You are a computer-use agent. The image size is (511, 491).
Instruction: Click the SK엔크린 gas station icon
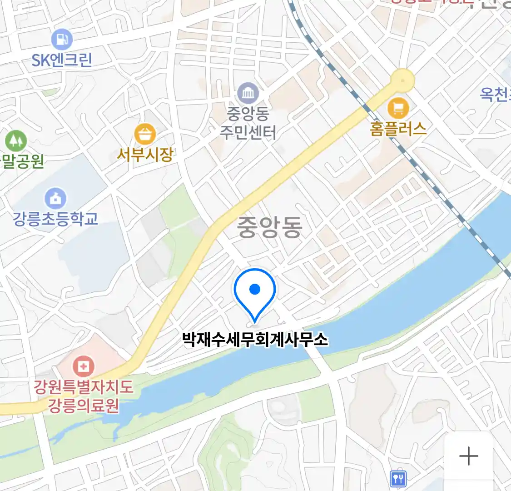(62, 40)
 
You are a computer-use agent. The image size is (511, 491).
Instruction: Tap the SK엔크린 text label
(62, 60)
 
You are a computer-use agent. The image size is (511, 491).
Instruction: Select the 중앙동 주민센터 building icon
(248, 94)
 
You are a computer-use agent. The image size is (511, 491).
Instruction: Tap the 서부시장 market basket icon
(145, 134)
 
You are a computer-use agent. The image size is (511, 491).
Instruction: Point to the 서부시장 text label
(145, 155)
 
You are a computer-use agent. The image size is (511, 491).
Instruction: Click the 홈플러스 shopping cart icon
(398, 108)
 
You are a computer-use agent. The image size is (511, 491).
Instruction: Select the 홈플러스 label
(398, 129)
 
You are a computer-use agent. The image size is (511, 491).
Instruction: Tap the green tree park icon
(16, 140)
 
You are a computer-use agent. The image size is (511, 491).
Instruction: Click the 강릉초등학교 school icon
(55, 199)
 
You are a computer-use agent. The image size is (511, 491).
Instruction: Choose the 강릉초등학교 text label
(55, 219)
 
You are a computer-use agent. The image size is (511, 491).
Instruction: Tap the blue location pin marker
(255, 291)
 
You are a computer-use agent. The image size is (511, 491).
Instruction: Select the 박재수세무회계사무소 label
(255, 339)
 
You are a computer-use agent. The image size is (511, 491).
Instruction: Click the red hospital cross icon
(84, 366)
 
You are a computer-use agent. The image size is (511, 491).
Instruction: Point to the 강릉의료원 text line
(84, 405)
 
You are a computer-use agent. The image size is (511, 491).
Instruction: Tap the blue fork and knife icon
(398, 478)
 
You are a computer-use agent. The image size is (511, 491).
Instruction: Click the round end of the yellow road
(403, 80)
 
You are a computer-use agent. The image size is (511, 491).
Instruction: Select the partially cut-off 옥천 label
(495, 94)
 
